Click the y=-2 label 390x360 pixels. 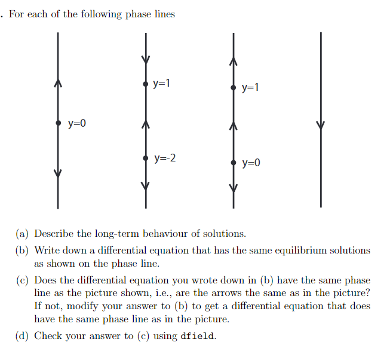coord(165,158)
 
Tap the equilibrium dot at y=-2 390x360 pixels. coord(145,158)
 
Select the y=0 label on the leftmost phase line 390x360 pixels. coord(76,123)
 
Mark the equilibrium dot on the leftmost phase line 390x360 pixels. coord(58,123)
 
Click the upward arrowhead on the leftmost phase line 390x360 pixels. coord(58,84)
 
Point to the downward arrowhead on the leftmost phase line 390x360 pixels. coord(58,173)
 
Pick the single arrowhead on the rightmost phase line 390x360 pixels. coord(321,125)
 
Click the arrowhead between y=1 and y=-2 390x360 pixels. coord(145,125)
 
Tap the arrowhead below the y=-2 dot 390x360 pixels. coord(145,186)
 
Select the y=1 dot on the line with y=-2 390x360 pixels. coord(145,84)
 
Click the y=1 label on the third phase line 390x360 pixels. coord(250,88)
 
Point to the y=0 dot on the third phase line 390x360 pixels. coord(234,163)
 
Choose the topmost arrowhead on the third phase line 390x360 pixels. coord(234,60)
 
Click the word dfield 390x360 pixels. coord(196,335)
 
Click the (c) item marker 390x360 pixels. coord(22,280)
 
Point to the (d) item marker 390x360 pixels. coord(22,335)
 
